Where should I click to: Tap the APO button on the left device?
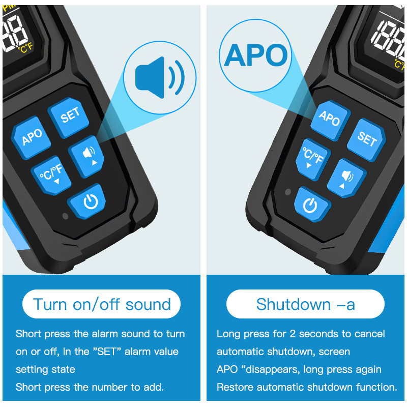31,137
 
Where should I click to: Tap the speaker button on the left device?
86,156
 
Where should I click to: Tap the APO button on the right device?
330,121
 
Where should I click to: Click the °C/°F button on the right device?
313,159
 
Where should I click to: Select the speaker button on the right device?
346,178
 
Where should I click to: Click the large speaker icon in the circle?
160,78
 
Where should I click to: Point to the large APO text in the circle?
256,55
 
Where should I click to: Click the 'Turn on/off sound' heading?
102,304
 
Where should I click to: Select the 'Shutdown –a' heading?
305,304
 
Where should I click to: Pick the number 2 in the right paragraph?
293,334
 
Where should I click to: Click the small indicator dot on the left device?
66,216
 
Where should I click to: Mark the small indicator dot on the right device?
288,192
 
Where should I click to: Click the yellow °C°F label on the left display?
25,48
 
